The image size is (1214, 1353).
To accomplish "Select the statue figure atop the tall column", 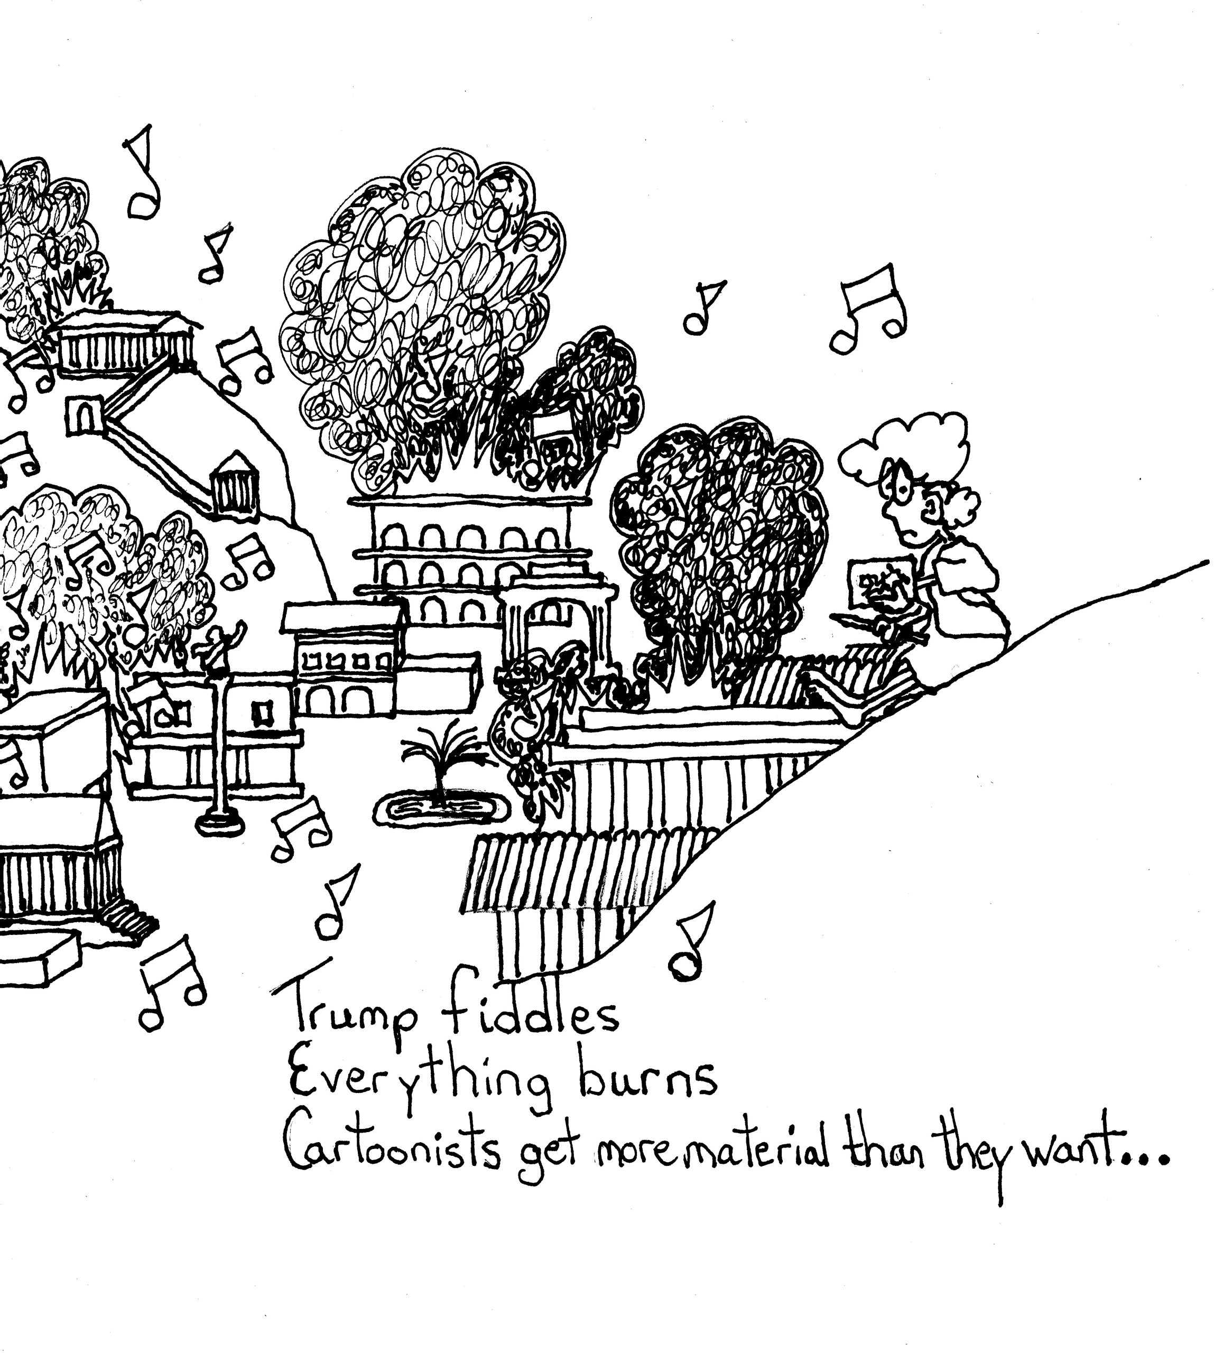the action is coord(218,646).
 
